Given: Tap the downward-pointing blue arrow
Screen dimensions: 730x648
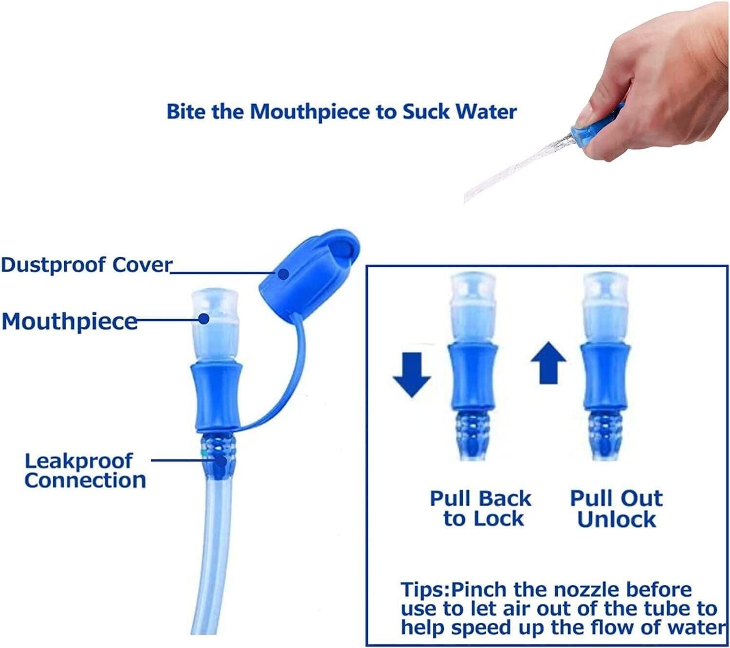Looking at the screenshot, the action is (x=412, y=374).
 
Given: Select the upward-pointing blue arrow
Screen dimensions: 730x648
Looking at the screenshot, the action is (x=548, y=362).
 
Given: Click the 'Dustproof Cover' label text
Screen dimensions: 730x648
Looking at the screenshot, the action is (x=87, y=265).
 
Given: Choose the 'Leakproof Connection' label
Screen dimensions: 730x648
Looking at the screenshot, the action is (x=85, y=471).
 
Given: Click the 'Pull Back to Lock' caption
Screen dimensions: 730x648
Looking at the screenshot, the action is (x=481, y=508).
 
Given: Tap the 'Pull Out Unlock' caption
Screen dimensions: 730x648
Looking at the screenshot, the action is (x=617, y=508).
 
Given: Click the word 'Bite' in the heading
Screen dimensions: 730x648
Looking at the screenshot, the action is (x=187, y=112).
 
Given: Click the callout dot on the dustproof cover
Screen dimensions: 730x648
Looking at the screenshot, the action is (x=284, y=274).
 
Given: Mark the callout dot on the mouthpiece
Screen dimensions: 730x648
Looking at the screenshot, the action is (x=204, y=319).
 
